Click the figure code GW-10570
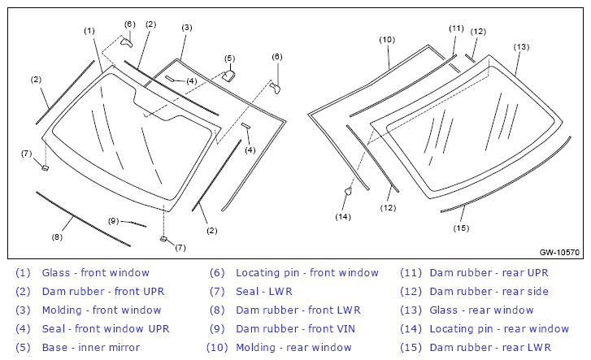click(x=559, y=252)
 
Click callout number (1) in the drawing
click(x=89, y=31)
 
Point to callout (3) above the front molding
click(x=187, y=28)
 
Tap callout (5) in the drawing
click(x=229, y=59)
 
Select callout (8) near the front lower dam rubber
click(x=57, y=237)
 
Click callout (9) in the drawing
click(x=114, y=221)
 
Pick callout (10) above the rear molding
click(x=387, y=40)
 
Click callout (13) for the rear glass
click(x=521, y=47)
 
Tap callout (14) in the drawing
click(x=343, y=217)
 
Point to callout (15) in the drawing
click(x=462, y=228)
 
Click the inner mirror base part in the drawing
click(x=228, y=76)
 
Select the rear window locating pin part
click(x=348, y=192)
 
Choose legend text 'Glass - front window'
click(x=96, y=272)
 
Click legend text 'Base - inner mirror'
click(x=91, y=347)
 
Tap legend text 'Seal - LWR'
click(x=264, y=292)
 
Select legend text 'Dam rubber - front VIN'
click(x=296, y=328)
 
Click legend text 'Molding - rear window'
click(x=294, y=347)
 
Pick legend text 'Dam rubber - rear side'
click(x=489, y=292)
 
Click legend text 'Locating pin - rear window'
click(x=499, y=328)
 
